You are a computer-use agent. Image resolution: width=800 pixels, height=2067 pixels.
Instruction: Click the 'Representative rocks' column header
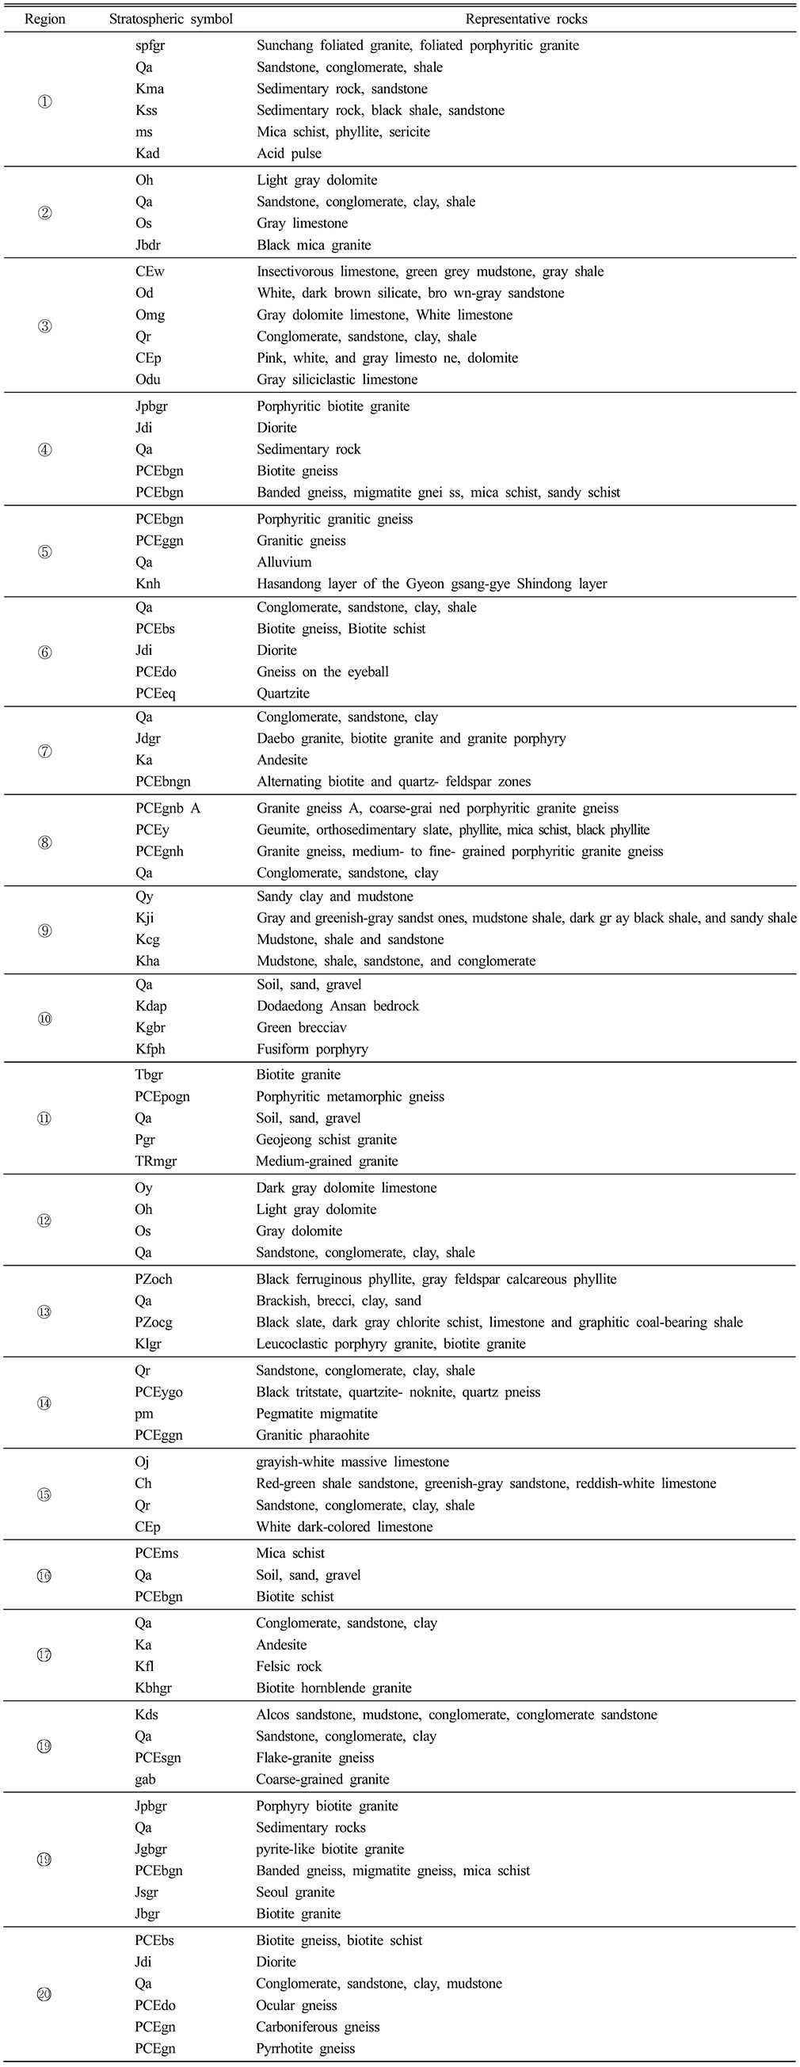(x=527, y=18)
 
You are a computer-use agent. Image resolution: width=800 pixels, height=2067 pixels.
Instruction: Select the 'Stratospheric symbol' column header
(x=171, y=18)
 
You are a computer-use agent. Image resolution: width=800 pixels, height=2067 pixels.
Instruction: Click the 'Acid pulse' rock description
(x=289, y=154)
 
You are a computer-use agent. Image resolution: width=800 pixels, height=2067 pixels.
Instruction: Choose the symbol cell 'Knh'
(x=147, y=584)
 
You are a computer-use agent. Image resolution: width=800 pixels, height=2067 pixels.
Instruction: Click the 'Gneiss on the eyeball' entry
(x=322, y=672)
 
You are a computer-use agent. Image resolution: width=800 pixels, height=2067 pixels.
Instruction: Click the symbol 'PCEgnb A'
(x=168, y=809)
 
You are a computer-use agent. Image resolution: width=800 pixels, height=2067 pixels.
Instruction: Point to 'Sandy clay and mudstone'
(x=334, y=897)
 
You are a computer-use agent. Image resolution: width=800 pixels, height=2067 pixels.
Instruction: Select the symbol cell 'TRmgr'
(x=156, y=1161)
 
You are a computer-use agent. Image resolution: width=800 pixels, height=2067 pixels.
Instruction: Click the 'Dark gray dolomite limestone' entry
(x=347, y=1189)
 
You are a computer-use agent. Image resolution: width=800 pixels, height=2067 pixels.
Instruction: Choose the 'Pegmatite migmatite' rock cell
(x=317, y=1414)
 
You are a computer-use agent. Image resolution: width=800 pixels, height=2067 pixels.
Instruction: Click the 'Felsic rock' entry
(x=289, y=1666)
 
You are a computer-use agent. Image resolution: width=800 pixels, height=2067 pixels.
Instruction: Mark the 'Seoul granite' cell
(x=295, y=1892)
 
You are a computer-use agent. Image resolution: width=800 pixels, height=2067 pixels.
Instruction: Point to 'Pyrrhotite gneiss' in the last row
(x=306, y=2049)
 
